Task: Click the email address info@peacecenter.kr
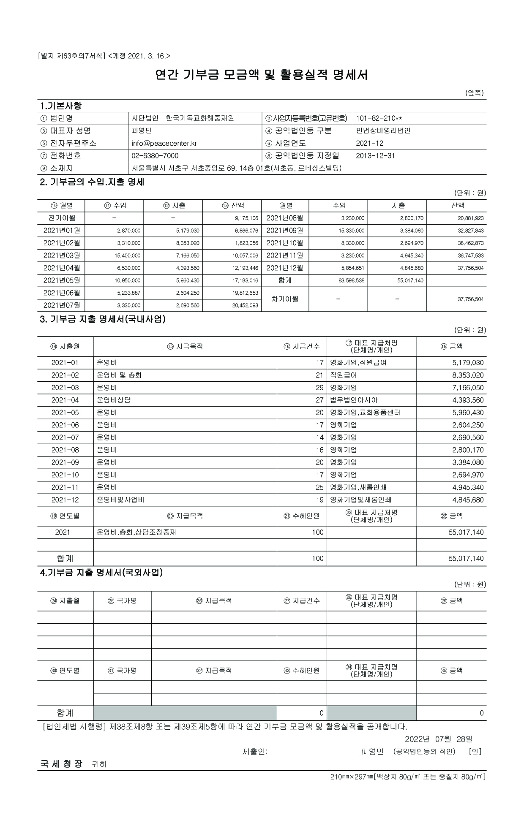pos(164,143)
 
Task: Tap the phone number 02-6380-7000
pos(155,156)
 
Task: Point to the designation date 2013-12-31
pos(375,156)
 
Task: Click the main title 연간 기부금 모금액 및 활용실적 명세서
pos(262,75)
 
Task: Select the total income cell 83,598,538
pos(352,281)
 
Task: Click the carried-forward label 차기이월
pos(285,299)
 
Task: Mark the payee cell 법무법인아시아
pos(354,400)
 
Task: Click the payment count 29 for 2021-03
pos(319,388)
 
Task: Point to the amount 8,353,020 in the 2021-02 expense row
pos(468,375)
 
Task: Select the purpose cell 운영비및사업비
pos(121,500)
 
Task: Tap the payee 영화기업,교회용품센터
pos(365,413)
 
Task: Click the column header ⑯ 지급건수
pos(302,346)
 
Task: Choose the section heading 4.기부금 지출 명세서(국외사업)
pos(101,573)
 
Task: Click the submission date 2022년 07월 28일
pos(439,739)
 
